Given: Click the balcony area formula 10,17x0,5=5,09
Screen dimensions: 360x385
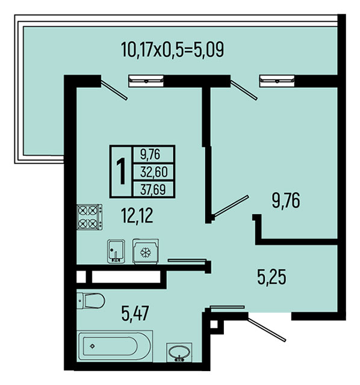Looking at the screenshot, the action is pyautogui.click(x=173, y=49).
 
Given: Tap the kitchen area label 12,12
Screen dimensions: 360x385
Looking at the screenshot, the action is pyautogui.click(x=137, y=215).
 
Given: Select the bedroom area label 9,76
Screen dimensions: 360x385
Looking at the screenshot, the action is pyautogui.click(x=285, y=200).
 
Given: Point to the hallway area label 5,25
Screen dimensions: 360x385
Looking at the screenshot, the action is pyautogui.click(x=272, y=277).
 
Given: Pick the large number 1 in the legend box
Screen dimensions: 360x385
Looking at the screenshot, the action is pyautogui.click(x=121, y=171).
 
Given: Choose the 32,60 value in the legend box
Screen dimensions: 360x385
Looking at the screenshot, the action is pyautogui.click(x=154, y=171).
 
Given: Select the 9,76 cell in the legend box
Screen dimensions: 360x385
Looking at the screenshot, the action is pyautogui.click(x=150, y=155).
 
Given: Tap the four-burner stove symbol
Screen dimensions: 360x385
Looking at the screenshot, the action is pyautogui.click(x=90, y=217).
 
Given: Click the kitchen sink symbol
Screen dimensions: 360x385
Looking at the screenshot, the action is pyautogui.click(x=116, y=251).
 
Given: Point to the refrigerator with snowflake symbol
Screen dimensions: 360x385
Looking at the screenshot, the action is pyautogui.click(x=146, y=251).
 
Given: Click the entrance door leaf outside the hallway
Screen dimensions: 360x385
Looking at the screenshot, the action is pyautogui.click(x=267, y=330).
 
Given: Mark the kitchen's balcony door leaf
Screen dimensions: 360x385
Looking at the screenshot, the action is pyautogui.click(x=114, y=90).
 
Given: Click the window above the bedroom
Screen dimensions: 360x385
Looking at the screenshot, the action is pyautogui.click(x=277, y=81).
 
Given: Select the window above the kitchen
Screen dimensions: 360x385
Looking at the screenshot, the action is pyautogui.click(x=146, y=81).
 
